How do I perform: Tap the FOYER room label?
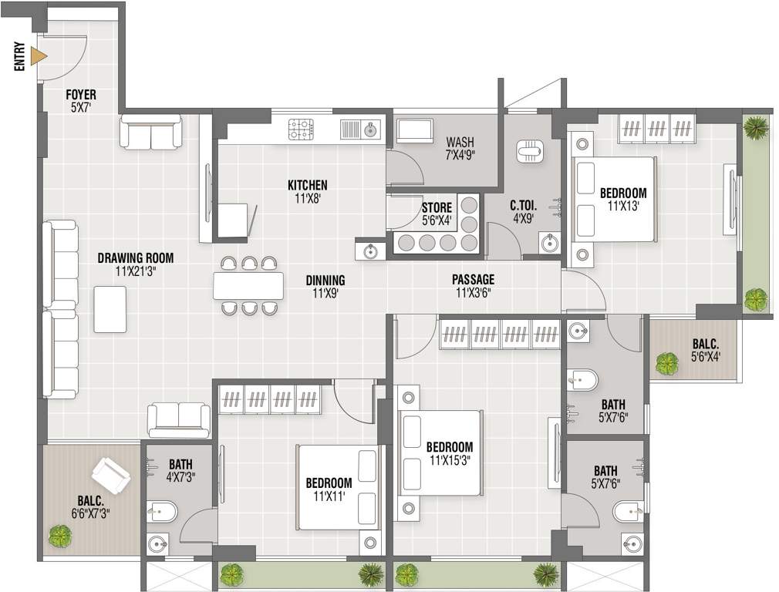tap(81, 95)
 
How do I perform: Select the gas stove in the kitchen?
tap(301, 129)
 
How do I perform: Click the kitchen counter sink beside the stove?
tap(361, 129)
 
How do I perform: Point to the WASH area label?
tap(460, 143)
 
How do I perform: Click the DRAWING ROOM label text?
tap(135, 258)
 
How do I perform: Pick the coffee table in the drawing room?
tap(110, 309)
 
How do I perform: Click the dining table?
tap(248, 286)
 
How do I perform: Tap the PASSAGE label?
tap(473, 280)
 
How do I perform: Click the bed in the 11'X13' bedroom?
tap(614, 199)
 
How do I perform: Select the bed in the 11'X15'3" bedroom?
tap(441, 452)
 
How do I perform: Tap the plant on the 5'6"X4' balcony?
tap(666, 363)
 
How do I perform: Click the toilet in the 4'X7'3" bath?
tap(162, 511)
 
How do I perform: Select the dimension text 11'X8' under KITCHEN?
tap(307, 198)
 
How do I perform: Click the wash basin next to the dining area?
tap(370, 251)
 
